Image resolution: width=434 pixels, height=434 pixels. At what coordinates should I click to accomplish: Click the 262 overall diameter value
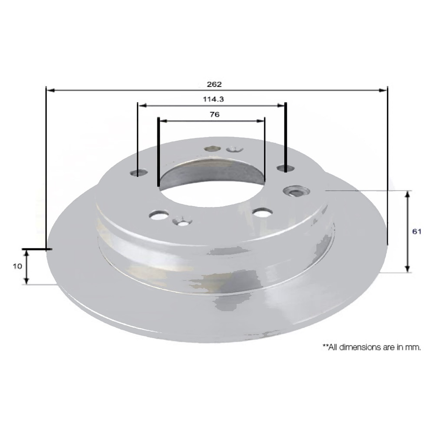(214, 84)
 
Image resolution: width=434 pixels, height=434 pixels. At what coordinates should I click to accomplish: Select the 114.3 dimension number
(213, 99)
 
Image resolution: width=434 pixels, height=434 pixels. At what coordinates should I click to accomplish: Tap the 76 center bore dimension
(215, 114)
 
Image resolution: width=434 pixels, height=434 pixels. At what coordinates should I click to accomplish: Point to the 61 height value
(416, 231)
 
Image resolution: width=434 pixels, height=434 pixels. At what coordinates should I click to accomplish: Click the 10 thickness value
(17, 266)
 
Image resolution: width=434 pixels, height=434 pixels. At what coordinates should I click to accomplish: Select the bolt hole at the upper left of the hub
(139, 173)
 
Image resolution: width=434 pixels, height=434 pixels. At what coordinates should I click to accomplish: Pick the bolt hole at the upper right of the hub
(286, 168)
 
